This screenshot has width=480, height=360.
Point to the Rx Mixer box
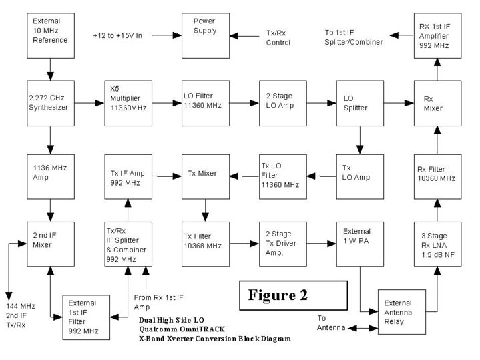pyautogui.click(x=437, y=103)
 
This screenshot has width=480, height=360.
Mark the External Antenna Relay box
pyautogui.click(x=402, y=312)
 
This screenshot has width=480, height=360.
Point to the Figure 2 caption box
pyautogui.click(x=293, y=295)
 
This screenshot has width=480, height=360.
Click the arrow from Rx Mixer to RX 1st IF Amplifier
pyautogui.click(x=437, y=68)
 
